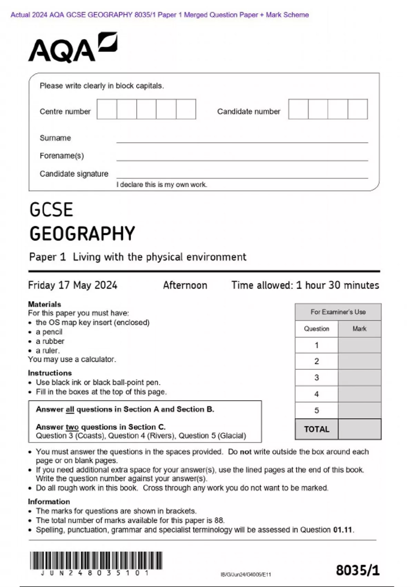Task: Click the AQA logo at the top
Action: [72, 48]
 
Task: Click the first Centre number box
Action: [107, 109]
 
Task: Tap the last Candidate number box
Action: [357, 109]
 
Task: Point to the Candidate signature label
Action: [74, 174]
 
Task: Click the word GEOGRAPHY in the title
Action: [82, 234]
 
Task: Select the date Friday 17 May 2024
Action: [72, 285]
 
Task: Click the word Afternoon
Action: [185, 285]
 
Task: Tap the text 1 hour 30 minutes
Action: [337, 285]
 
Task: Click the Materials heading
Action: [45, 304]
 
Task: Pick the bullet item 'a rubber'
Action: [50, 341]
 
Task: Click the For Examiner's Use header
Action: [338, 312]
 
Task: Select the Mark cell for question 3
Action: [359, 377]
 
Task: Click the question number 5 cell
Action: [316, 411]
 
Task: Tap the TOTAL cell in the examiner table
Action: [316, 429]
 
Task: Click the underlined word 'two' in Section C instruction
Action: [72, 427]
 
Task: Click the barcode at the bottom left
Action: [96, 560]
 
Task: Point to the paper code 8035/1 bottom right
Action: [357, 570]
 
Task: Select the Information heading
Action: [49, 501]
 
